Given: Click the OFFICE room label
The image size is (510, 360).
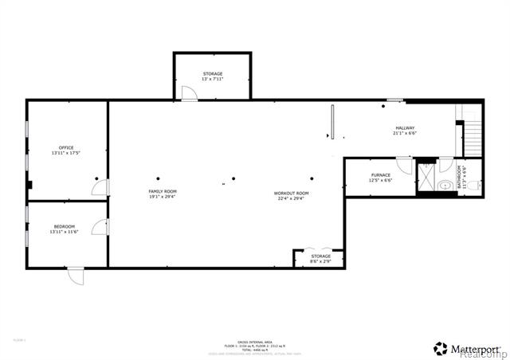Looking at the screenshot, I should point(66,148).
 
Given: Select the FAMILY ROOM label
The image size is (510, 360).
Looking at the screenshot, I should point(162,192).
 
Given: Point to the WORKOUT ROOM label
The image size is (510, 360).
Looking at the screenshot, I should point(291,194).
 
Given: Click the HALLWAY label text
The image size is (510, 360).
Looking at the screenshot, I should point(405,128).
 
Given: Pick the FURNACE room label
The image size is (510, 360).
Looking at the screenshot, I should point(380,175).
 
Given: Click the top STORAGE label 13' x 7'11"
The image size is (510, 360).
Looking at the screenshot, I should point(212,74).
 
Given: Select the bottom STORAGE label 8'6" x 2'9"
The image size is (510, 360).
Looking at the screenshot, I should point(320,256).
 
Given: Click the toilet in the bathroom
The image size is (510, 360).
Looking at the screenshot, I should point(473,186).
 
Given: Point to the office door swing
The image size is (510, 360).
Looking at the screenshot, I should point(100,188).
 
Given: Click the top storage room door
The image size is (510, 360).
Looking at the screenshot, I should point(189,94).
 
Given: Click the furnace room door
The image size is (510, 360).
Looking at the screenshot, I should point(405,165).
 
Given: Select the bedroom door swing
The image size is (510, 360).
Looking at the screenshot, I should point(100,227).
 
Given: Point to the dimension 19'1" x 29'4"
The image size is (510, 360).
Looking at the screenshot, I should point(162,198).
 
